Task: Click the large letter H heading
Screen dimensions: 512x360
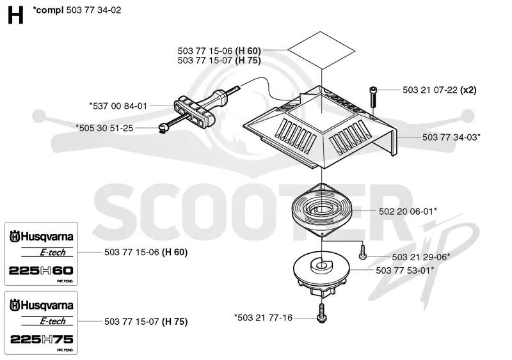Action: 15,16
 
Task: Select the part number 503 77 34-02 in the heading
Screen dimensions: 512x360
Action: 93,10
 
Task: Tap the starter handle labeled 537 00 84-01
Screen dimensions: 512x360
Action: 200,108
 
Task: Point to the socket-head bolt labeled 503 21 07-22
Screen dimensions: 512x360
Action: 372,97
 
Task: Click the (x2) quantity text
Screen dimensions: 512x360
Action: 468,90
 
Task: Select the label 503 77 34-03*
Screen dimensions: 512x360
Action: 451,137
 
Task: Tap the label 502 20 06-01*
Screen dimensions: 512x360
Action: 408,212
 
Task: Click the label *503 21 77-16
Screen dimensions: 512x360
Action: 263,318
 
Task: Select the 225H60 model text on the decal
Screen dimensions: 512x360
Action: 41,270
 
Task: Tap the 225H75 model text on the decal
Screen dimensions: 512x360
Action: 42,340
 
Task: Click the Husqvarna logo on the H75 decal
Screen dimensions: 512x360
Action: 42,305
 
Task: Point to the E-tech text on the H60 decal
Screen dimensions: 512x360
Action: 52,253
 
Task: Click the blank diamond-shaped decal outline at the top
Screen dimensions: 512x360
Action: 321,50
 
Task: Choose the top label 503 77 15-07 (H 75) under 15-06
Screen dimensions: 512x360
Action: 219,60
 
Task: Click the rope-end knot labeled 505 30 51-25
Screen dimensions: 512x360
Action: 163,128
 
